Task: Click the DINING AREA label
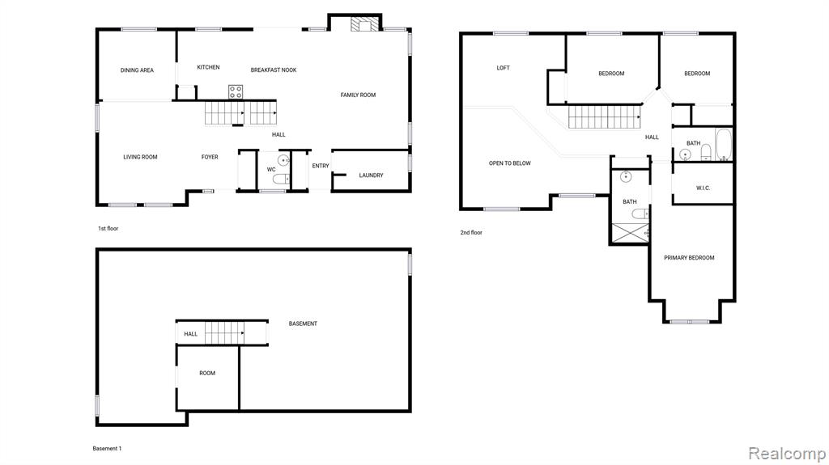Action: pos(137,70)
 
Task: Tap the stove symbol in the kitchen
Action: pos(236,92)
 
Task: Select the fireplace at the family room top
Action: pos(365,24)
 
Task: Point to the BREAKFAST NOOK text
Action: pos(274,70)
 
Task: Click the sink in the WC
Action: pos(284,160)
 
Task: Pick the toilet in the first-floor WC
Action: pos(281,180)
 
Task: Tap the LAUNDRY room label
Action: pos(371,175)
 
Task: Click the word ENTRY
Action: pos(321,166)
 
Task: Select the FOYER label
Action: pos(210,157)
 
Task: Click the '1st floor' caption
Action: pos(108,228)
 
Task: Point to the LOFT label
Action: pos(504,68)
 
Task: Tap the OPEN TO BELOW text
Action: pos(510,163)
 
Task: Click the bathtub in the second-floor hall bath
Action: pos(723,144)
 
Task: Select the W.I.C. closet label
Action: pos(704,188)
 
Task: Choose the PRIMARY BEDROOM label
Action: pos(689,258)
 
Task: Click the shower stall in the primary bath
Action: pos(630,233)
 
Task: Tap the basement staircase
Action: pos(225,333)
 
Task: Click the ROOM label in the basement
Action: pos(207,373)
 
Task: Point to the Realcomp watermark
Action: pos(787,454)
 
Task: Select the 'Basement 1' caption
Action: pos(107,449)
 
